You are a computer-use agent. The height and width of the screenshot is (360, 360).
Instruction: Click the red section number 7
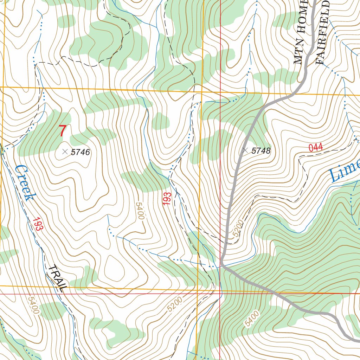coord(62,131)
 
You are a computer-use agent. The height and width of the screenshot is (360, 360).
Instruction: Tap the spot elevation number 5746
coord(81,152)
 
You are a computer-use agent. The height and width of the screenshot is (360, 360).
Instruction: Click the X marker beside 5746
coord(65,152)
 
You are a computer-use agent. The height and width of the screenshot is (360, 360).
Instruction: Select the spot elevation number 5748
coord(261,151)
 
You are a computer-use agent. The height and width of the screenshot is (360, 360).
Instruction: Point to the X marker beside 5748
coord(245,150)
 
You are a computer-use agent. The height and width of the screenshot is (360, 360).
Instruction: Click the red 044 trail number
coord(315,148)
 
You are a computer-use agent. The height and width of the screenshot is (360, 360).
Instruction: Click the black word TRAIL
coord(57,278)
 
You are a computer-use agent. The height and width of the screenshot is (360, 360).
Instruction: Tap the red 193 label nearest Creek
coord(38,224)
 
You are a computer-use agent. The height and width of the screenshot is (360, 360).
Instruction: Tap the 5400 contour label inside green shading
coord(253,318)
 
